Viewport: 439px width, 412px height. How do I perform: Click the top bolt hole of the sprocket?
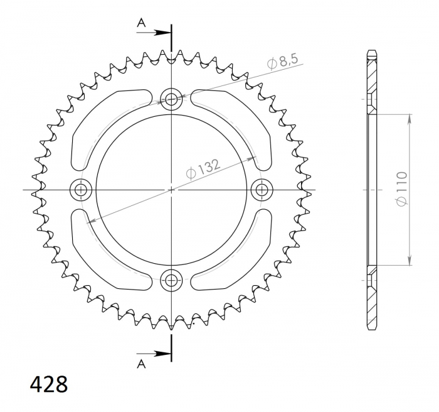(171, 98)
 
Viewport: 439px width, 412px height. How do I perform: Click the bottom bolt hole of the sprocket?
(171, 280)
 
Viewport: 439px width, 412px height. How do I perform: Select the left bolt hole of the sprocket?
(80, 189)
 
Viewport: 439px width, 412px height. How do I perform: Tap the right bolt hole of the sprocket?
(262, 189)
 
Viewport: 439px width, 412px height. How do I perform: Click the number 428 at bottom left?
(48, 384)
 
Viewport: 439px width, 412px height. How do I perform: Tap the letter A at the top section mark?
(142, 23)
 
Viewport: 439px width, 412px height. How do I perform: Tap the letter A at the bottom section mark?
(142, 362)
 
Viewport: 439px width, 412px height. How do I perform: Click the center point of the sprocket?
(171, 189)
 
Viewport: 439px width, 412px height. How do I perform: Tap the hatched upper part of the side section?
(371, 79)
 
